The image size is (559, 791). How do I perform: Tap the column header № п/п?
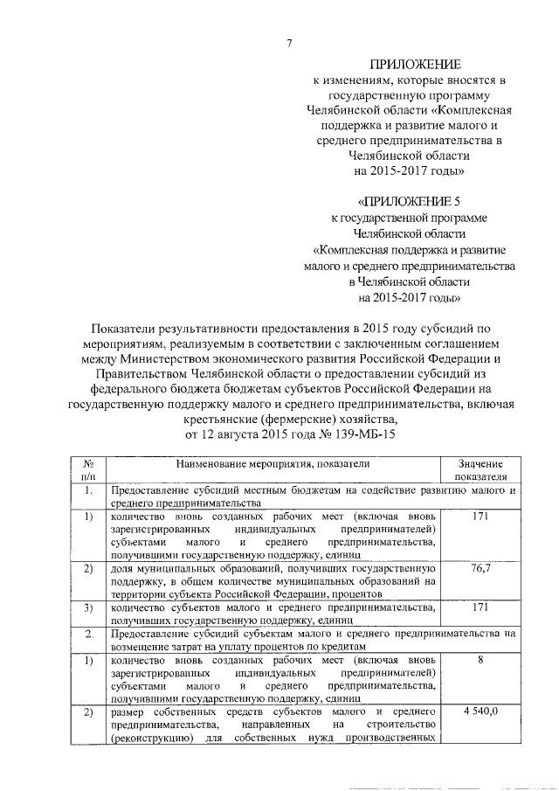coord(89,469)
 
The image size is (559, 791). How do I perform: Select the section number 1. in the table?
coord(89,490)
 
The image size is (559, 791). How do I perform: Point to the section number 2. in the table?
coord(89,632)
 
